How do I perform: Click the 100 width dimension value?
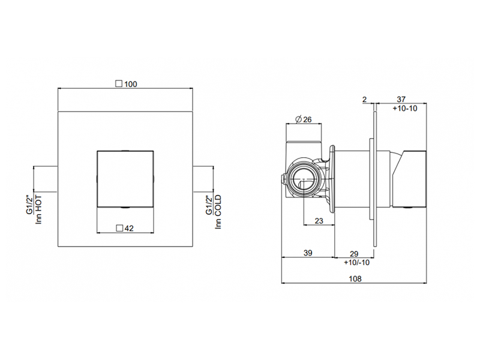[131, 84]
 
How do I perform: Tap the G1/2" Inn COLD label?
[214, 211]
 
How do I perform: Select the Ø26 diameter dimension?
[305, 119]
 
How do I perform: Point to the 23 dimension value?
[319, 221]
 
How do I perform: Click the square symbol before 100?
[119, 84]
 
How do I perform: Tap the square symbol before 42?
[119, 227]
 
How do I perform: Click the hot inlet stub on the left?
[46, 179]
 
